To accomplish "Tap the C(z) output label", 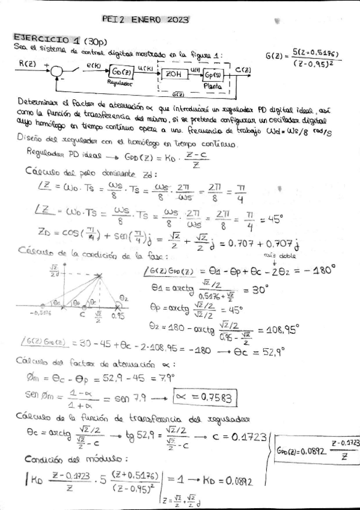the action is pos(243,70).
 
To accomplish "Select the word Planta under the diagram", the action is pos(213,87).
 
